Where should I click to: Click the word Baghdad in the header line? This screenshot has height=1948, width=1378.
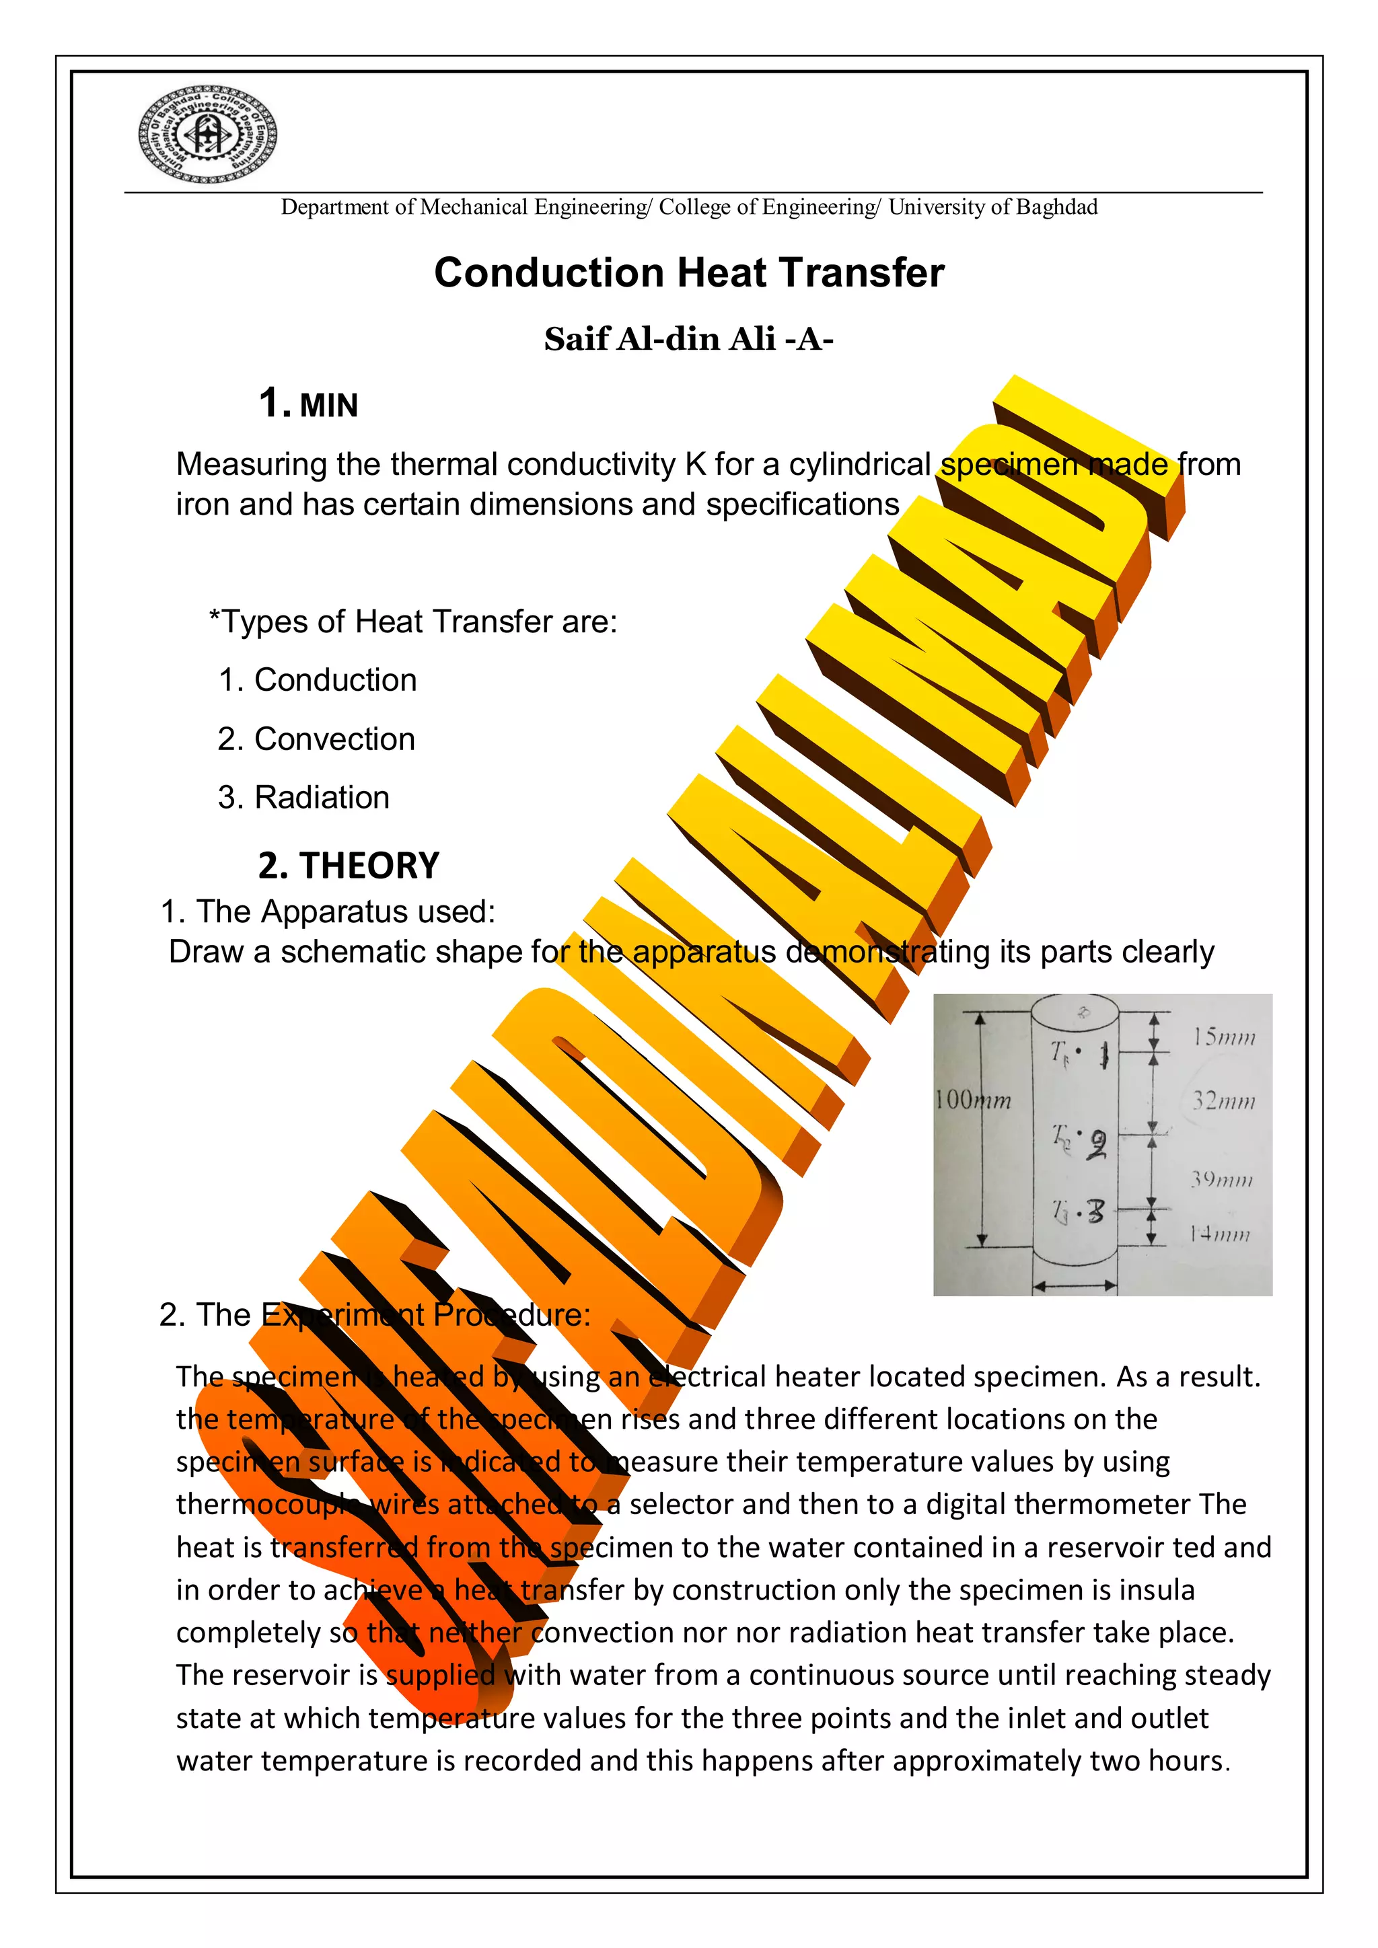click(x=1056, y=207)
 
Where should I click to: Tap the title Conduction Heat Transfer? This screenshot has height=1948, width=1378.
click(x=688, y=273)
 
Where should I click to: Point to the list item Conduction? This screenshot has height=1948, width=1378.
click(x=335, y=681)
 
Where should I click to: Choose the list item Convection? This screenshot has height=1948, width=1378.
click(x=334, y=740)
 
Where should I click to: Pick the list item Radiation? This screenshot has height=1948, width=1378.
click(x=322, y=798)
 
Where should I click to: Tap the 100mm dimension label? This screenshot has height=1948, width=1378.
click(x=972, y=1100)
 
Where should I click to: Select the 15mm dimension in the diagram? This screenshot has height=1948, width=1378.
click(x=1223, y=1037)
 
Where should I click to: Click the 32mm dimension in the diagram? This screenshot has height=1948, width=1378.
click(x=1223, y=1101)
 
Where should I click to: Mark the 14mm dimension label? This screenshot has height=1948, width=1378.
click(x=1219, y=1234)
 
